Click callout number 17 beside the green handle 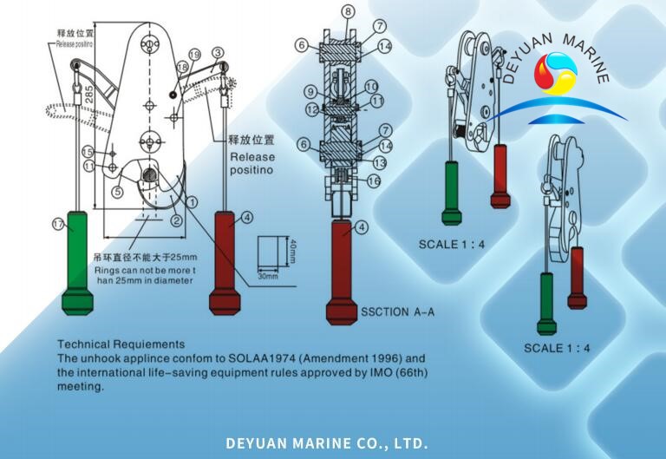[x=58, y=225]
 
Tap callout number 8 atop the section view [x=347, y=12]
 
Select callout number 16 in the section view [x=374, y=181]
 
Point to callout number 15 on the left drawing [x=88, y=153]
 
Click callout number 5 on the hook [x=119, y=192]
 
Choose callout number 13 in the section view [x=378, y=163]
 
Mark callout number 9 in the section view [x=310, y=92]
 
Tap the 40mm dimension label [x=293, y=252]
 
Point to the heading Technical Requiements [x=121, y=344]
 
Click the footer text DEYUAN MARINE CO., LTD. [x=327, y=443]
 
